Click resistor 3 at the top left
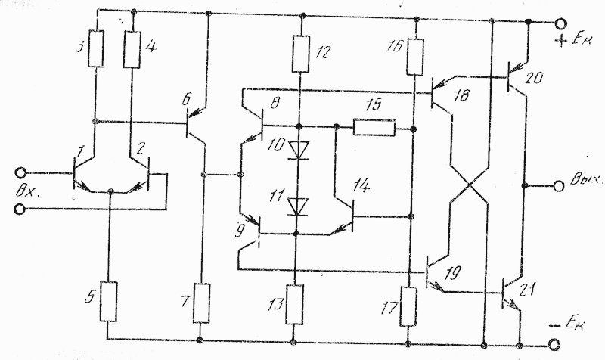tap(96, 49)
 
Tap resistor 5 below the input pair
tap(109, 302)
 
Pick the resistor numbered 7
tap(201, 303)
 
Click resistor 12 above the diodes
tap(301, 54)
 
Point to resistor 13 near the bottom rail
tap(294, 305)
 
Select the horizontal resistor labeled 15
tap(374, 128)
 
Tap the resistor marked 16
tap(415, 57)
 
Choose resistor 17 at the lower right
tap(408, 306)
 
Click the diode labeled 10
tap(299, 150)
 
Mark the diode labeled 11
tap(298, 206)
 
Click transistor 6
tap(196, 124)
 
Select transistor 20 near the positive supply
tap(516, 79)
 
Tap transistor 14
tap(343, 217)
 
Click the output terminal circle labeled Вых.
tap(559, 186)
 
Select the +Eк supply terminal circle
tap(560, 23)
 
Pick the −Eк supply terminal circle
tap(554, 344)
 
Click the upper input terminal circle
tap(20, 173)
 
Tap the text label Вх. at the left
tap(27, 191)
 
